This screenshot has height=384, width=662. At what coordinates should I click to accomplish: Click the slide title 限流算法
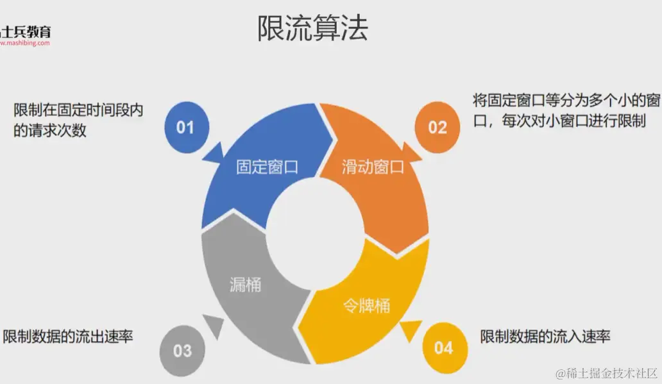pyautogui.click(x=312, y=28)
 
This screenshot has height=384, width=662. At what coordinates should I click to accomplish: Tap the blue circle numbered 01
pyautogui.click(x=185, y=127)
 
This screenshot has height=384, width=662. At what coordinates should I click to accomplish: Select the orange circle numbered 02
pyautogui.click(x=437, y=127)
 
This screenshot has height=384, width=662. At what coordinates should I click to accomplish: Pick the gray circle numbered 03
pyautogui.click(x=182, y=350)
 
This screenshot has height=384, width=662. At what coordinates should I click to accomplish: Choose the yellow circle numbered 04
pyautogui.click(x=443, y=348)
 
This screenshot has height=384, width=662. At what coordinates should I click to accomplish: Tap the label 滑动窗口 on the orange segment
pyautogui.click(x=373, y=167)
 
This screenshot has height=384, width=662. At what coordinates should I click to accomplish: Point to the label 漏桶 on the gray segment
pyautogui.click(x=245, y=284)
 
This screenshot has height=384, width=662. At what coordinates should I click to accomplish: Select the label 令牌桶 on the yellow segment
pyautogui.click(x=365, y=306)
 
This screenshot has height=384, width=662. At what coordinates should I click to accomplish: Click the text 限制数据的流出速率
pyautogui.click(x=68, y=336)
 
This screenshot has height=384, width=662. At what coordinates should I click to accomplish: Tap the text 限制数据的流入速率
pyautogui.click(x=545, y=336)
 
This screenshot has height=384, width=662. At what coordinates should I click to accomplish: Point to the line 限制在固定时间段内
pyautogui.click(x=78, y=110)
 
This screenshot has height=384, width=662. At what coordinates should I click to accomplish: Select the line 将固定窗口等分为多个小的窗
pyautogui.click(x=566, y=100)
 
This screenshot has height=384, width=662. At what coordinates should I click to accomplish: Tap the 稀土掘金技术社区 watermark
pyautogui.click(x=607, y=372)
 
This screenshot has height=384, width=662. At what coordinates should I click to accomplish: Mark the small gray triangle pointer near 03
pyautogui.click(x=214, y=326)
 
